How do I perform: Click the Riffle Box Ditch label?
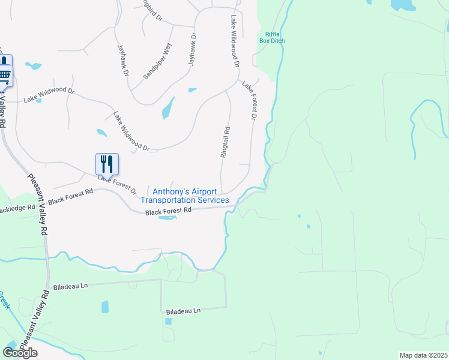[271, 37]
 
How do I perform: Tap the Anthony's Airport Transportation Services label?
[184, 196]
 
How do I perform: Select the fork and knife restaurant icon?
[107, 163]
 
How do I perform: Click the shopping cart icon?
[4, 76]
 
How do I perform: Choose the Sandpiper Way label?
[157, 61]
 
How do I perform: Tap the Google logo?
[20, 353]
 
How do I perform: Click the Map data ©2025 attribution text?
[423, 355]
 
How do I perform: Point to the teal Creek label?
[5, 300]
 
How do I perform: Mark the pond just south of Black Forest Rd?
[167, 217]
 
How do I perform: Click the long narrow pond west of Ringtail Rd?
[168, 108]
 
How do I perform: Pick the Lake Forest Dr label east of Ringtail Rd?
[249, 103]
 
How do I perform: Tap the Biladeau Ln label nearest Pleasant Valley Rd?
[70, 286]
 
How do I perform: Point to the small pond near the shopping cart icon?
[34, 66]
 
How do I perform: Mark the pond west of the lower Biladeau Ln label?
[106, 307]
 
